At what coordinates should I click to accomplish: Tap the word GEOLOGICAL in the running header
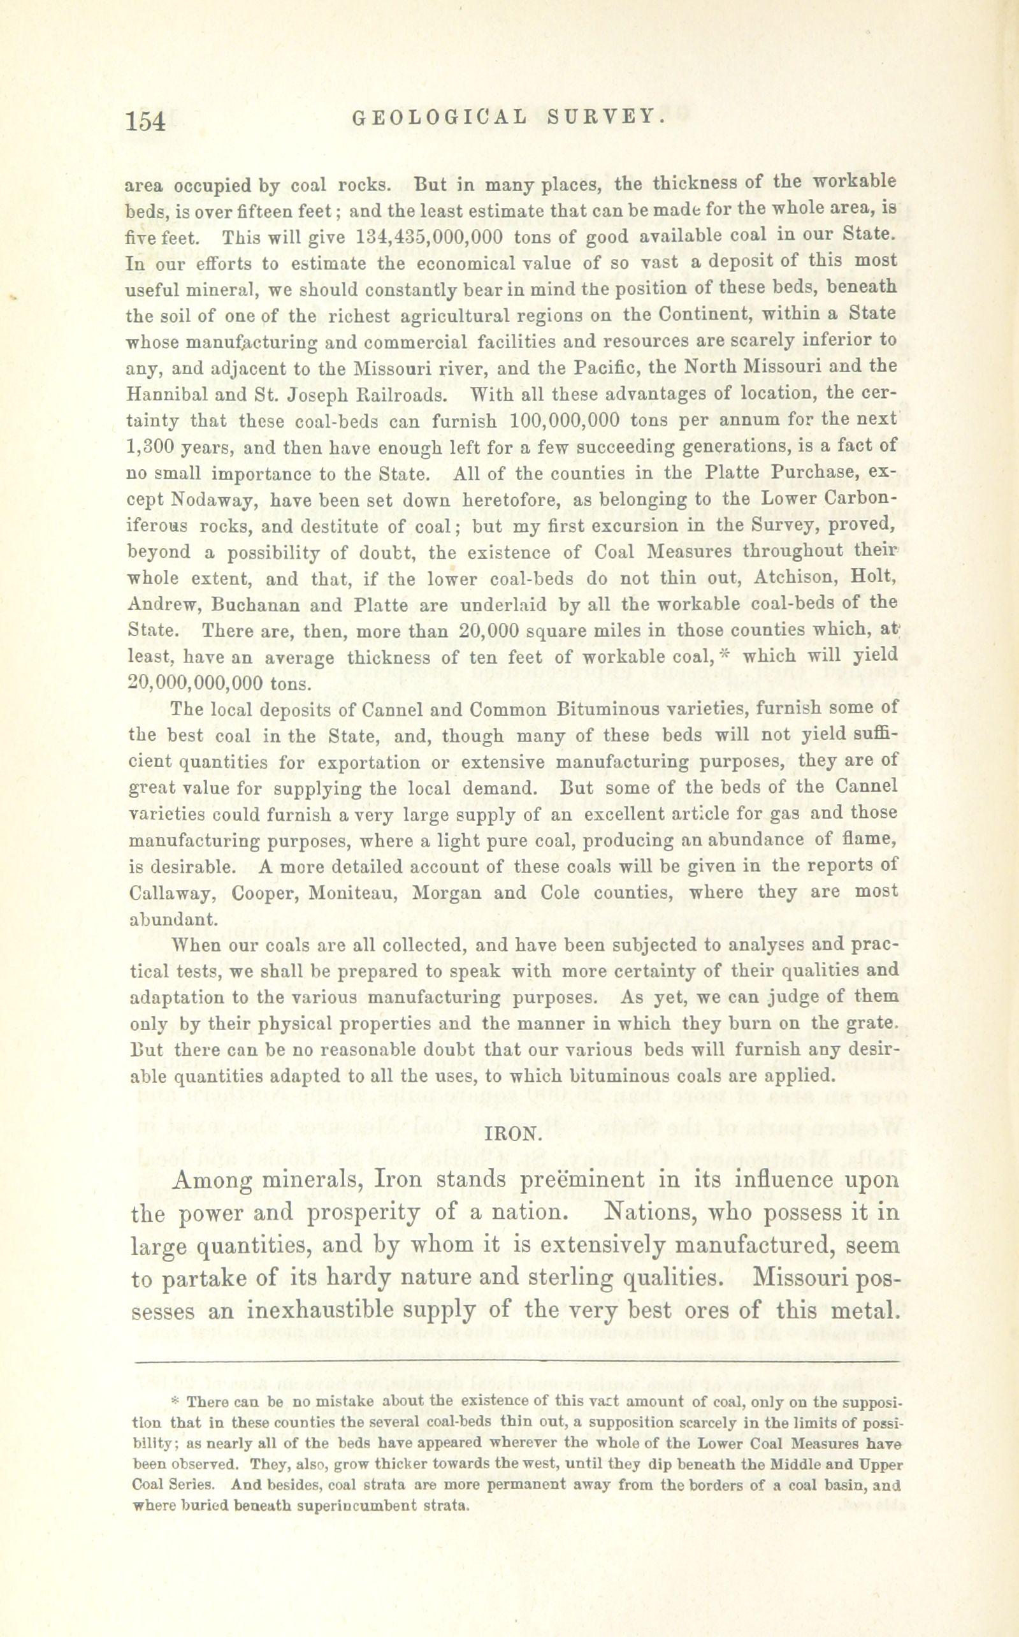tap(438, 117)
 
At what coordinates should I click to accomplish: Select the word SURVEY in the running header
tap(607, 117)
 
